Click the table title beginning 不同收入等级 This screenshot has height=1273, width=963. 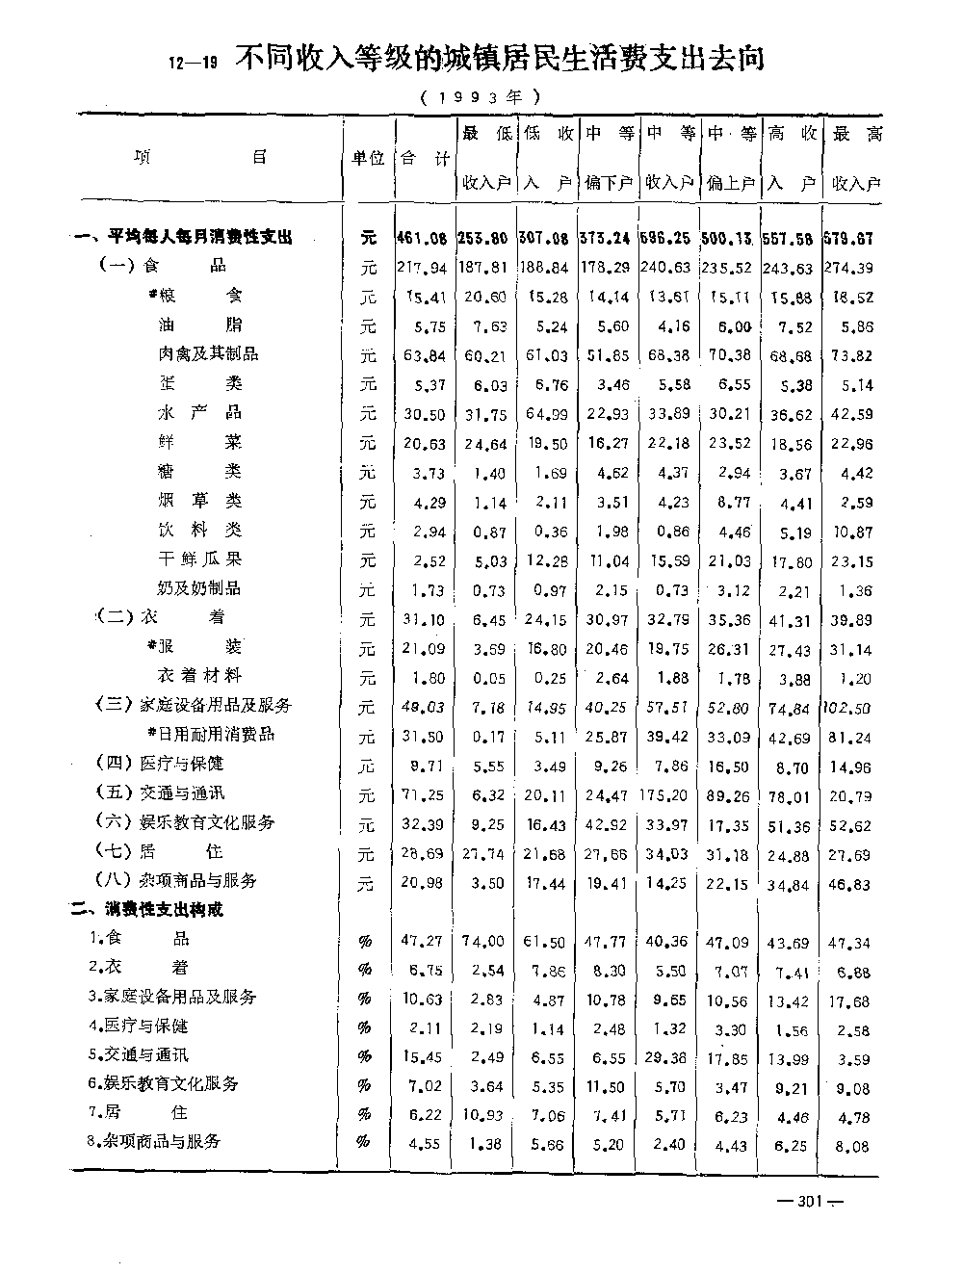(500, 60)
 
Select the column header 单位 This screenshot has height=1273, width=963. (367, 158)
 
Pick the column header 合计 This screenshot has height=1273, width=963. (424, 158)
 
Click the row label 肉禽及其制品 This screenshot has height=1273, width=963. (208, 353)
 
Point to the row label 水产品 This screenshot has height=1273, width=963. (199, 412)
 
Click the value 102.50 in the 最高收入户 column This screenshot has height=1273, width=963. (848, 707)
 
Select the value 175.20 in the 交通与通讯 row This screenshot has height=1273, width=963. (667, 795)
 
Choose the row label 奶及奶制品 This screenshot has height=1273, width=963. (198, 587)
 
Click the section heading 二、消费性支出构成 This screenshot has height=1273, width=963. (146, 909)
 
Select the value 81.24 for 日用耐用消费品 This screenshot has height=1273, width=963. (852, 738)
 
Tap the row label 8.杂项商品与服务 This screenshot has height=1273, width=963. (154, 1141)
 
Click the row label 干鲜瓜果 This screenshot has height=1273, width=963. (199, 559)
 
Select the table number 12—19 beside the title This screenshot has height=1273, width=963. (194, 65)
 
